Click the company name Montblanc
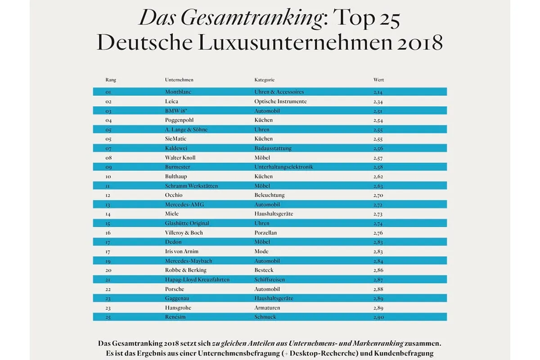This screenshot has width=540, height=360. pos(179,92)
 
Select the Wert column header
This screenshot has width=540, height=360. pos(378,80)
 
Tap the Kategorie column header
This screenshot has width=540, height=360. pos(264,80)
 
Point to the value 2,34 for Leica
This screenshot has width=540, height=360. pos(378,102)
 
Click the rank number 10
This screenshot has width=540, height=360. pos(108,177)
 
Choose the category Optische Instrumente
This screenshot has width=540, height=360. pos(280,101)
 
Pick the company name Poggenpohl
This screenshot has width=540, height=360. pos(181,120)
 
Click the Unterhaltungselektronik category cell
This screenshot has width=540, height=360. pos(283,167)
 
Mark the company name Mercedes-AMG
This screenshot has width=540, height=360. pos(184,204)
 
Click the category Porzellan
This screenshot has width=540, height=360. pos(265,233)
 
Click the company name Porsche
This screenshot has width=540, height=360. pos(175,289)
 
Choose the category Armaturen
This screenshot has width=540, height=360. pos(267,308)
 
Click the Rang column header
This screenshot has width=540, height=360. pos(111,80)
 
